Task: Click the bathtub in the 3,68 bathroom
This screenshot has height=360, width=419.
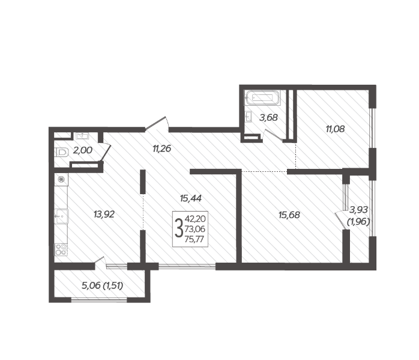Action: click(262, 98)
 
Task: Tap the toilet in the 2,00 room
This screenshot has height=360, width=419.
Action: click(61, 153)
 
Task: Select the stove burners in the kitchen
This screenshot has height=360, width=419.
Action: click(61, 249)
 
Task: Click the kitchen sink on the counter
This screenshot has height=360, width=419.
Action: click(61, 216)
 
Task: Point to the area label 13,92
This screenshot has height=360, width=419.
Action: click(104, 214)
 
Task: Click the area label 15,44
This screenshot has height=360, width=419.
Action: click(190, 198)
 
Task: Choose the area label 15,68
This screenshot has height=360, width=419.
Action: click(289, 215)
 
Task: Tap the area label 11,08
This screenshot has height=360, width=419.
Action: click(335, 129)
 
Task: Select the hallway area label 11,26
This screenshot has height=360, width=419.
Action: click(161, 148)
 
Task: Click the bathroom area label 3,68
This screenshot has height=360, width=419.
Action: click(268, 117)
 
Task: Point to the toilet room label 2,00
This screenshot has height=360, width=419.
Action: click(83, 150)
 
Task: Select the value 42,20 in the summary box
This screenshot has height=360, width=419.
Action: click(195, 219)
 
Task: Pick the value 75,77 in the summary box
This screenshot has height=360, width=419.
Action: click(194, 239)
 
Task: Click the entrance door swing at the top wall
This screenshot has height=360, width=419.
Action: click(157, 124)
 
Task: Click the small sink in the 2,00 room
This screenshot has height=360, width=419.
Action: click(82, 136)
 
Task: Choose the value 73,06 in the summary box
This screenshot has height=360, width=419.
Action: click(195, 229)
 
